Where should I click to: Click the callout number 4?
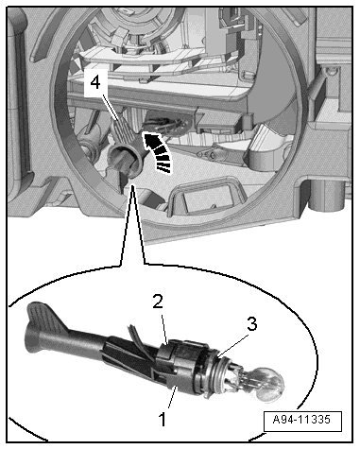point(95,83)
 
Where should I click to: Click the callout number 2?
point(158,302)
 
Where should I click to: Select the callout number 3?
point(251,324)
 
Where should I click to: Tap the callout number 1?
point(163,419)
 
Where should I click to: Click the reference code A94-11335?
point(302,420)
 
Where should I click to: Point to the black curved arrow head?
point(151,140)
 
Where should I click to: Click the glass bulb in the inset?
point(271,385)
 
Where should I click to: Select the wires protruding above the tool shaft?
point(133,336)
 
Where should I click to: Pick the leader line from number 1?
point(172,398)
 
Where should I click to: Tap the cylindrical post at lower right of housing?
point(328,195)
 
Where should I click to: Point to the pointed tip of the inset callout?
point(133,186)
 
